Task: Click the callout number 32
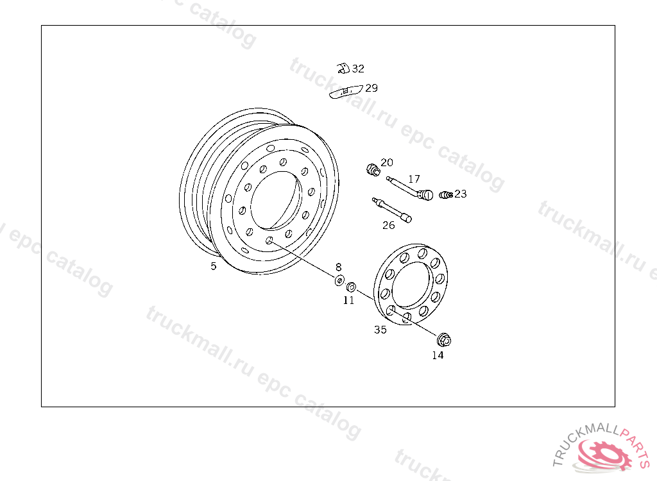(x=358, y=68)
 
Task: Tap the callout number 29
(x=371, y=88)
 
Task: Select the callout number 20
(x=387, y=162)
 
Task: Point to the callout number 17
(x=414, y=179)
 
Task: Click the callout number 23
(x=461, y=194)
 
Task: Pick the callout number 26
(x=388, y=225)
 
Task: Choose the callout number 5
(x=213, y=266)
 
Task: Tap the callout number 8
(x=339, y=267)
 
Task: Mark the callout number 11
(x=348, y=300)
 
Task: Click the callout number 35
(x=380, y=330)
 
